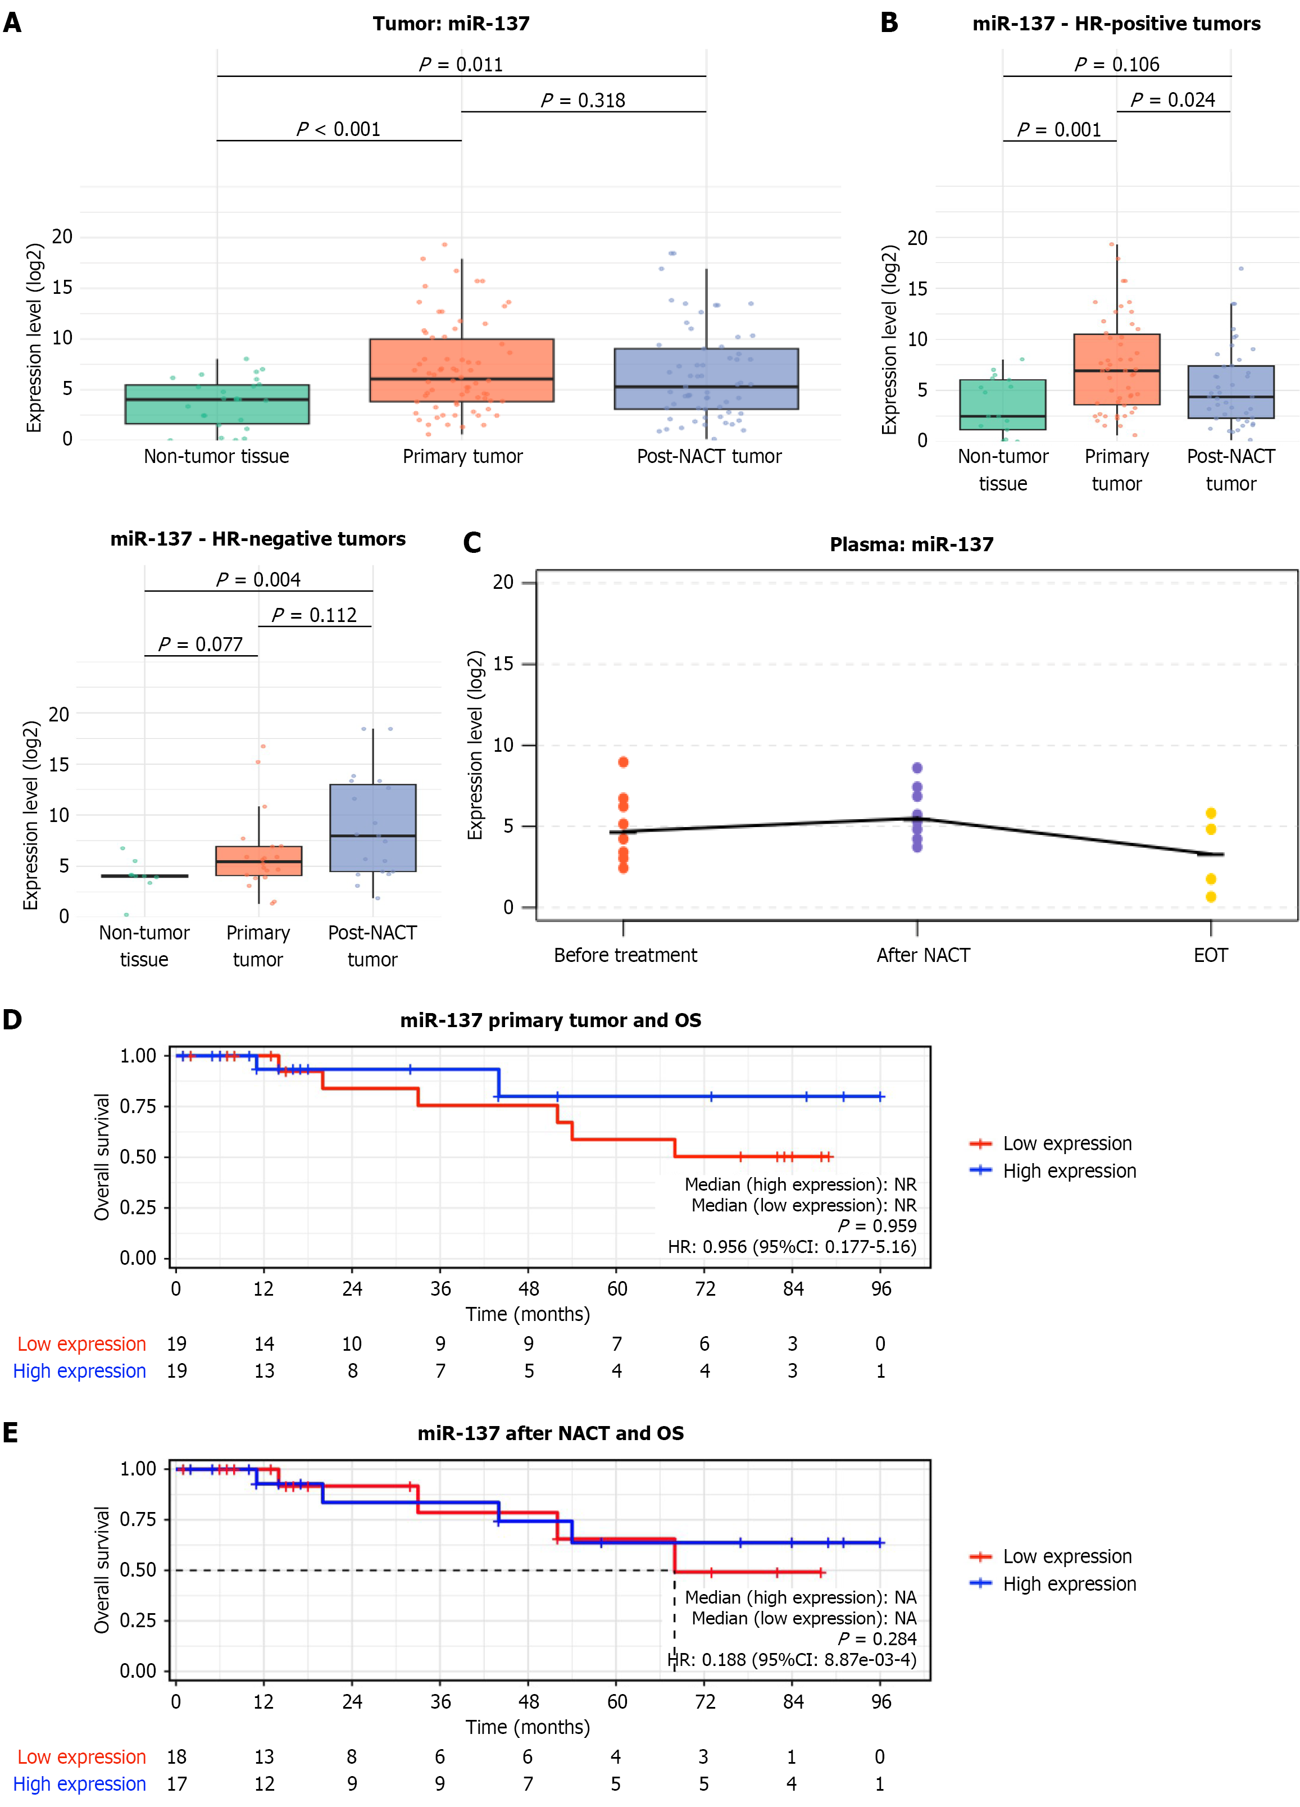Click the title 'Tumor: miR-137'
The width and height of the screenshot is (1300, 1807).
pos(451,24)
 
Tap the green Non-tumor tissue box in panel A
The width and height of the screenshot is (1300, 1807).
pos(217,405)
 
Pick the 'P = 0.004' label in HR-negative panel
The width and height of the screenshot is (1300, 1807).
pos(258,579)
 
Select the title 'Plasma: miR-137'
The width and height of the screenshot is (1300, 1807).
pos(911,545)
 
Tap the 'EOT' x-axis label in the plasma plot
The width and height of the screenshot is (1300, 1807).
pos(1210,955)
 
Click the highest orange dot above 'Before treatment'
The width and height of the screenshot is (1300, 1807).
pos(623,762)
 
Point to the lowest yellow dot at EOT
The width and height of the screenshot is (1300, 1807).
pos(1211,897)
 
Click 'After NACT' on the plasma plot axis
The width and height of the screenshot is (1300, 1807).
pos(923,955)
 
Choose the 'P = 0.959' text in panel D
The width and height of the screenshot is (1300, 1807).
pos(877,1226)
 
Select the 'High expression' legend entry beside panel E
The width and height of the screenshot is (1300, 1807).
pos(1069,1584)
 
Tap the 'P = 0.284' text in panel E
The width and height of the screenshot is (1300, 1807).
pos(877,1639)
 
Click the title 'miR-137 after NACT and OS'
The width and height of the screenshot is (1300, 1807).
pos(551,1433)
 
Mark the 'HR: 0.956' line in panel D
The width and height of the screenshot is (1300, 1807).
pos(792,1247)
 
